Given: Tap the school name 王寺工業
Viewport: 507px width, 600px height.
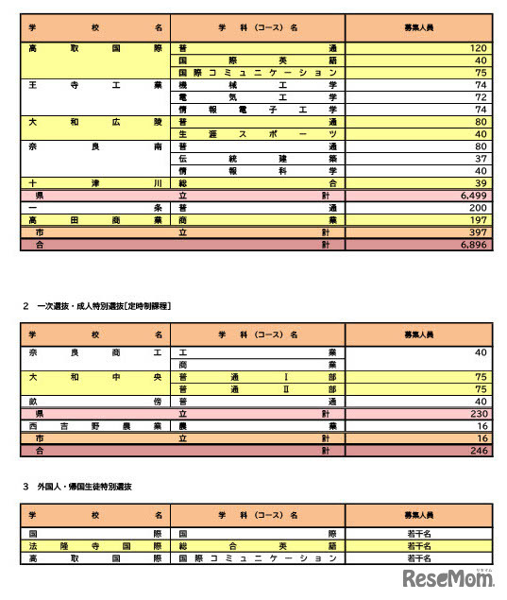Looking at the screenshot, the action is click(x=95, y=84).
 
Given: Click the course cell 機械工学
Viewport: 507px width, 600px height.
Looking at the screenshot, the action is click(x=258, y=84).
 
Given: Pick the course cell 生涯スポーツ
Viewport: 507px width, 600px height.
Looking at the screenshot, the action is click(x=258, y=133).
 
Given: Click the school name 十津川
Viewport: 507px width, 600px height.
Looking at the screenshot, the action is click(x=95, y=182).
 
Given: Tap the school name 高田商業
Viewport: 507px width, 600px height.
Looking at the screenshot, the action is click(x=95, y=219).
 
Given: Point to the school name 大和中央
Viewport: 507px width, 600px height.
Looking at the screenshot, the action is click(x=95, y=376).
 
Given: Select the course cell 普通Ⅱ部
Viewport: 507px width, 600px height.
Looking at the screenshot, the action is click(x=258, y=388).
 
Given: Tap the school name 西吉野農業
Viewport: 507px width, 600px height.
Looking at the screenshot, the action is click(x=95, y=426).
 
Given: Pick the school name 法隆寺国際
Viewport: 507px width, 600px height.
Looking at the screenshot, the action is click(x=95, y=546).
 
